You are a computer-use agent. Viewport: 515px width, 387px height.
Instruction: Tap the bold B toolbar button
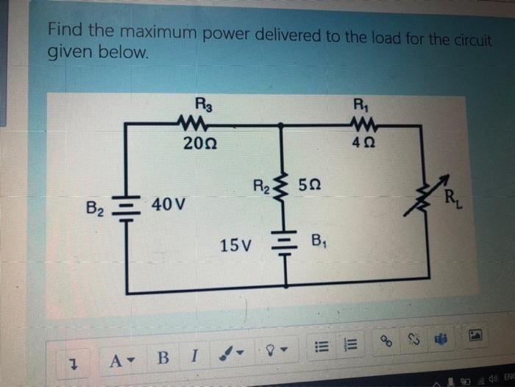pyautogui.click(x=163, y=358)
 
